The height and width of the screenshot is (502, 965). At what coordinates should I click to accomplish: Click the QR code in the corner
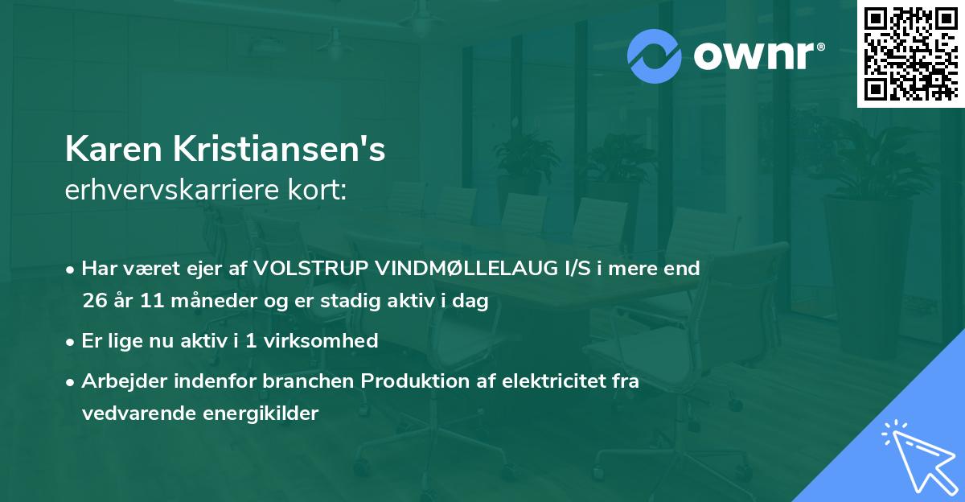[x=910, y=53]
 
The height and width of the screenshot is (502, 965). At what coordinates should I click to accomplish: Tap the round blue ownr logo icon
[x=655, y=55]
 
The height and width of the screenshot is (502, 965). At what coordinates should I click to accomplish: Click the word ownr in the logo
[x=755, y=56]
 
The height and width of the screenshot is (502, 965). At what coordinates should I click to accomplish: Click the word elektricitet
[x=557, y=381]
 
